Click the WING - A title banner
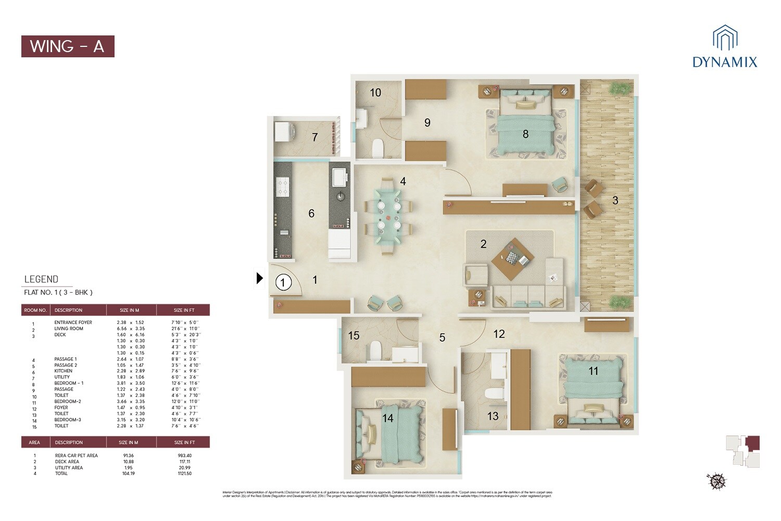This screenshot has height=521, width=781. coord(68,46)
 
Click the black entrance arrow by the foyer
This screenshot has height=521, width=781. coord(259,278)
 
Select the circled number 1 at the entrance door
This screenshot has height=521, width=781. coord(283,282)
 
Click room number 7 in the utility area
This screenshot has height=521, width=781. coord(314,137)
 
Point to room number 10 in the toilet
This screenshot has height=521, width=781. coord(375,93)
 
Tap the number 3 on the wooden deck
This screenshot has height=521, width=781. coord(615,200)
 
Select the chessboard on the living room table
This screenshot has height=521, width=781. coord(513,257)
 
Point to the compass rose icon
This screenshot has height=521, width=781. coord(716,480)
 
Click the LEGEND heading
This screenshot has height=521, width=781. coord(41,279)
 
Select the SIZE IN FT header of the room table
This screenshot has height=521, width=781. coord(184,310)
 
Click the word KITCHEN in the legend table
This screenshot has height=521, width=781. coord(64,371)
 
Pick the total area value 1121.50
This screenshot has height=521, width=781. coord(184,474)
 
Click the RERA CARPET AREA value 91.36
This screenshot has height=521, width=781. coord(128,455)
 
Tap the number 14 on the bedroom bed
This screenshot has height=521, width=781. coord(388,418)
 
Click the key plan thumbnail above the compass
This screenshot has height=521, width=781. coord(742,451)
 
